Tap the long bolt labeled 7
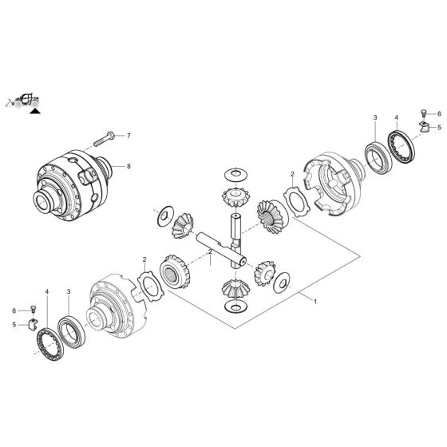(x=104, y=139)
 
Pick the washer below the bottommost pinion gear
(x=236, y=307)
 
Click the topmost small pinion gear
(x=235, y=193)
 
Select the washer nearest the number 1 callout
(x=283, y=283)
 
